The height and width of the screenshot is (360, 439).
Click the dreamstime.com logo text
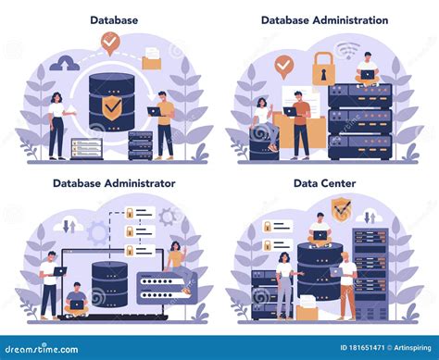pyautogui.click(x=42, y=347)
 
